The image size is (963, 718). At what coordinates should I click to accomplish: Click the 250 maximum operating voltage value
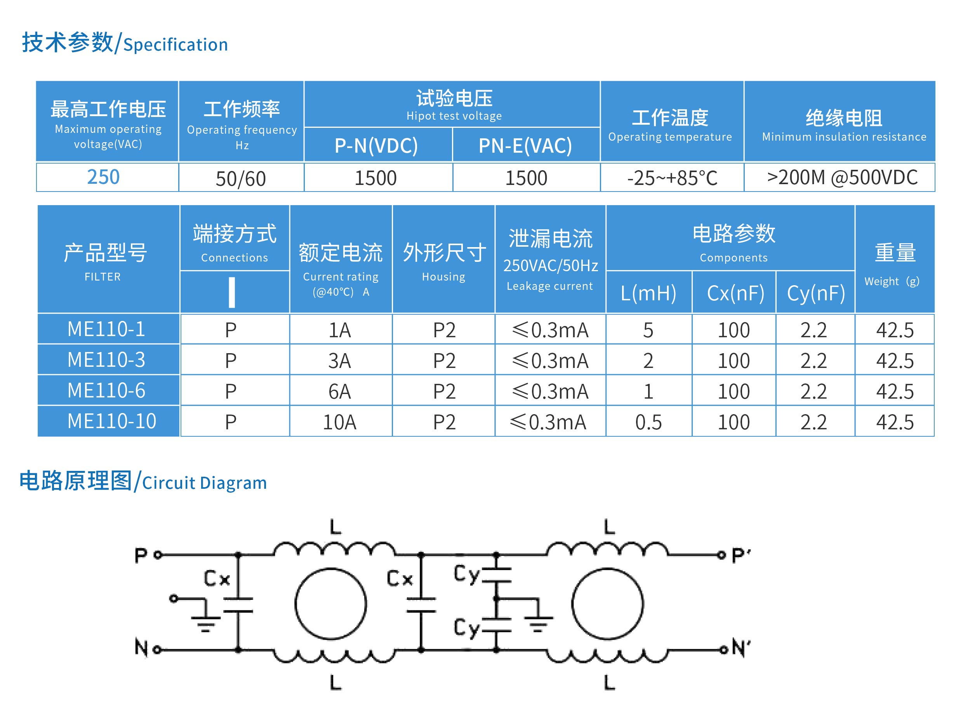point(103,177)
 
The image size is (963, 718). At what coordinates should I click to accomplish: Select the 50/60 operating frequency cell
point(241,179)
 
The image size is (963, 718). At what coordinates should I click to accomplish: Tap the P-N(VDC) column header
point(376,146)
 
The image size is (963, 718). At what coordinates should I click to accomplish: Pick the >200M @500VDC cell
point(842,177)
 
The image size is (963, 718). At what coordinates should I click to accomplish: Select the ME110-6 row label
point(106,390)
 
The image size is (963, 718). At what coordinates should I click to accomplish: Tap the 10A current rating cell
point(339,422)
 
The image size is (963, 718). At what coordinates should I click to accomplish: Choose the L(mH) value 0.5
point(648,422)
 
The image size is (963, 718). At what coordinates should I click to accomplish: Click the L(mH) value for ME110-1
point(648,330)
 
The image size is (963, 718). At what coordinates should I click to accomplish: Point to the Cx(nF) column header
point(735,293)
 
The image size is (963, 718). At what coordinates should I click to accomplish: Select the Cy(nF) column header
point(816,293)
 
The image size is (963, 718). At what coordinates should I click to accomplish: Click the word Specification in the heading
point(176,45)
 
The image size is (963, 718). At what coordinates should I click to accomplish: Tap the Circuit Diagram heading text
point(204,483)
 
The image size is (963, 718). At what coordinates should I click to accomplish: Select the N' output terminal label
point(741,648)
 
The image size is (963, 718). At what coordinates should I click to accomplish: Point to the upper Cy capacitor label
point(466,574)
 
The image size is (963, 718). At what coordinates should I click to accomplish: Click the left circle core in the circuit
point(330,604)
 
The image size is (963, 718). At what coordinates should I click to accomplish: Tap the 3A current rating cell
point(339,361)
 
